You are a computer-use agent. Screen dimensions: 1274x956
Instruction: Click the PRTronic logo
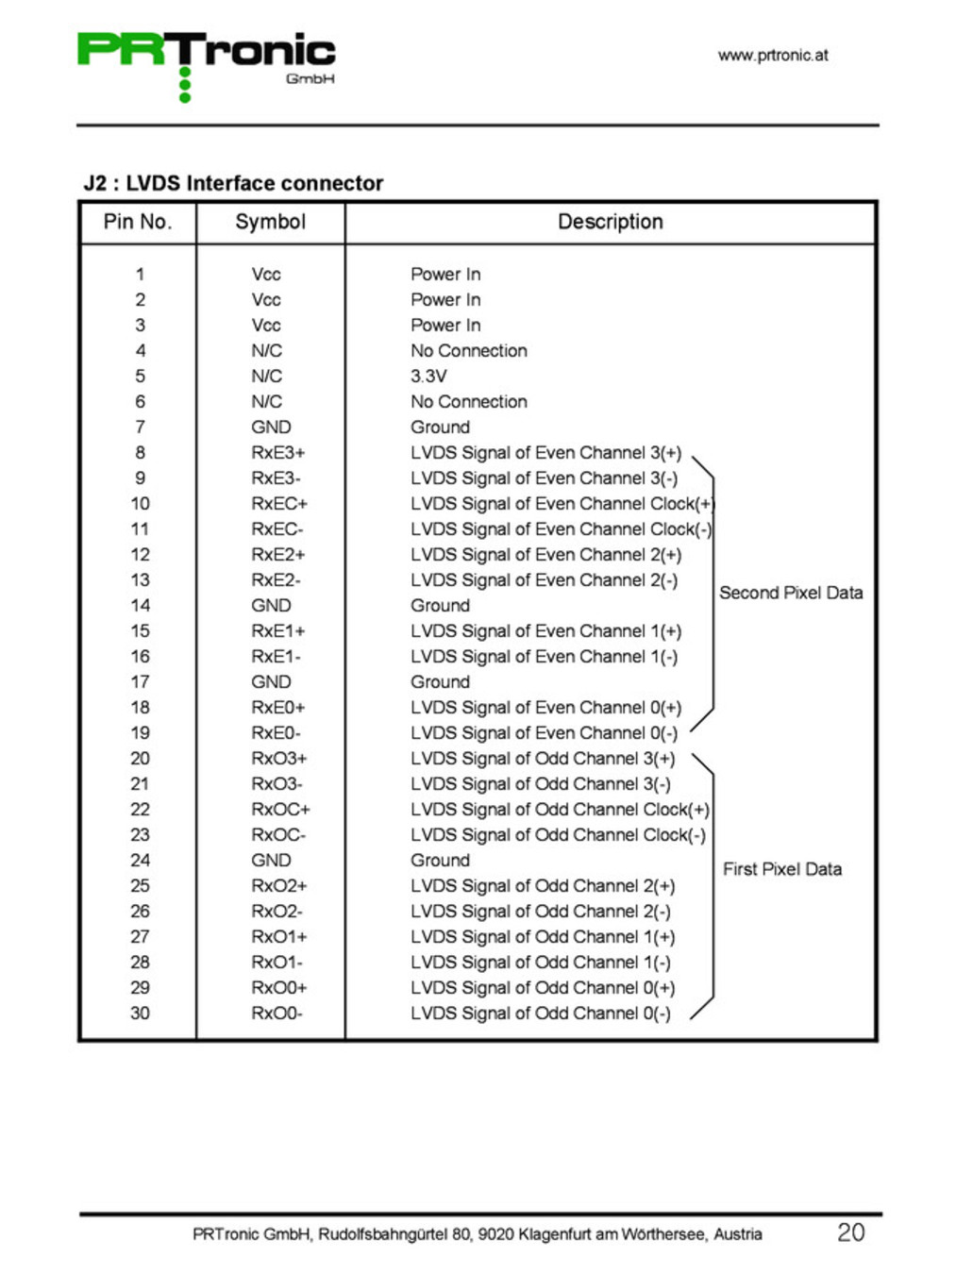click(x=206, y=62)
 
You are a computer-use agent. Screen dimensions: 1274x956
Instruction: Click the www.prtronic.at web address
click(x=772, y=55)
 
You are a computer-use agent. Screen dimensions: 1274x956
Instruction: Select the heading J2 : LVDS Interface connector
click(x=233, y=183)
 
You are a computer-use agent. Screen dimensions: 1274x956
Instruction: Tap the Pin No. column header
click(x=138, y=222)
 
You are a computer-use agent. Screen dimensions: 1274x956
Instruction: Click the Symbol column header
click(x=270, y=222)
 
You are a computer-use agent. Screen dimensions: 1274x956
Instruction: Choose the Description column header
click(x=610, y=222)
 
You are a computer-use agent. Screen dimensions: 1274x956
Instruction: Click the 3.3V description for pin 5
click(x=428, y=376)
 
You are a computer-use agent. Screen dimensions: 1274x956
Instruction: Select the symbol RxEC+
click(x=279, y=503)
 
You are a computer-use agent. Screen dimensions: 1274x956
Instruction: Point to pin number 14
click(x=140, y=605)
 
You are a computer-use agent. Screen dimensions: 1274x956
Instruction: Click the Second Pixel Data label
click(x=791, y=593)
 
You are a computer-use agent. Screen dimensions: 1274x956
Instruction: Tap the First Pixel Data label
click(x=782, y=869)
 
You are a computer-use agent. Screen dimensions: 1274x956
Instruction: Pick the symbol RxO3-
click(x=277, y=783)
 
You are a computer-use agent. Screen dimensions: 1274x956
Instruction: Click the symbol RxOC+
click(x=280, y=809)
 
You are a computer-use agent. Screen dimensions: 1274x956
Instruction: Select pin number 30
click(x=140, y=1013)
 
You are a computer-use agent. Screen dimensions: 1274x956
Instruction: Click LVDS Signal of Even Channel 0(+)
click(x=545, y=707)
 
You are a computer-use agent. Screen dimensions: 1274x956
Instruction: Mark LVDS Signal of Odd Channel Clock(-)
click(x=558, y=834)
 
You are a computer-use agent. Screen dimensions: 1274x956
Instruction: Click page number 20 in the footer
click(x=850, y=1232)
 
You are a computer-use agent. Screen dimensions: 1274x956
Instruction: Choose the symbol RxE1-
click(x=276, y=656)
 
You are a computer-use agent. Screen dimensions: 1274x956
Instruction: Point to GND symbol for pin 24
click(x=271, y=860)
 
